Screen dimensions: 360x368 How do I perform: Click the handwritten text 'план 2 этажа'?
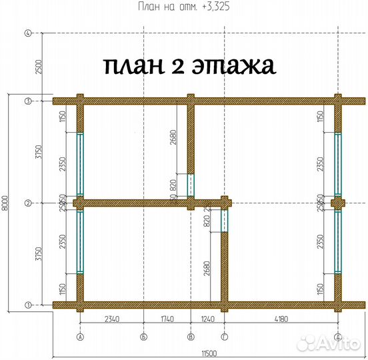pyautogui.click(x=189, y=66)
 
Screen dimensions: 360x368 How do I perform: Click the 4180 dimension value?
pyautogui.click(x=282, y=319)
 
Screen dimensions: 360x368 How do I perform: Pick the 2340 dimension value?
pyautogui.click(x=111, y=319)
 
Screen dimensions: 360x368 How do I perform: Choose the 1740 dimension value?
pyautogui.click(x=167, y=319)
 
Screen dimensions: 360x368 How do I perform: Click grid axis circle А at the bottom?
pyautogui.click(x=80, y=336)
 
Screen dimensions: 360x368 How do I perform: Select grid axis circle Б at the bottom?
pyautogui.click(x=143, y=336)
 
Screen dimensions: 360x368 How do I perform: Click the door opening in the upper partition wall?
pyautogui.click(x=190, y=184)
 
